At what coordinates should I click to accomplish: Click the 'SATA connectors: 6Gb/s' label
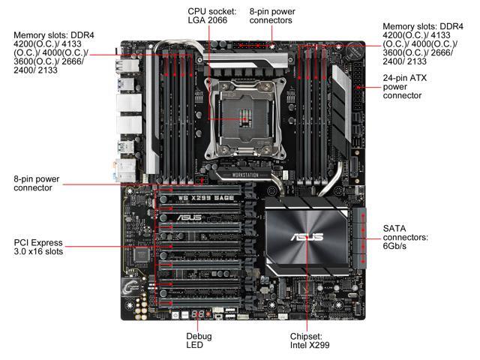[x=406, y=237]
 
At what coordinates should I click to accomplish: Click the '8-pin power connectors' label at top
[x=271, y=16]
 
